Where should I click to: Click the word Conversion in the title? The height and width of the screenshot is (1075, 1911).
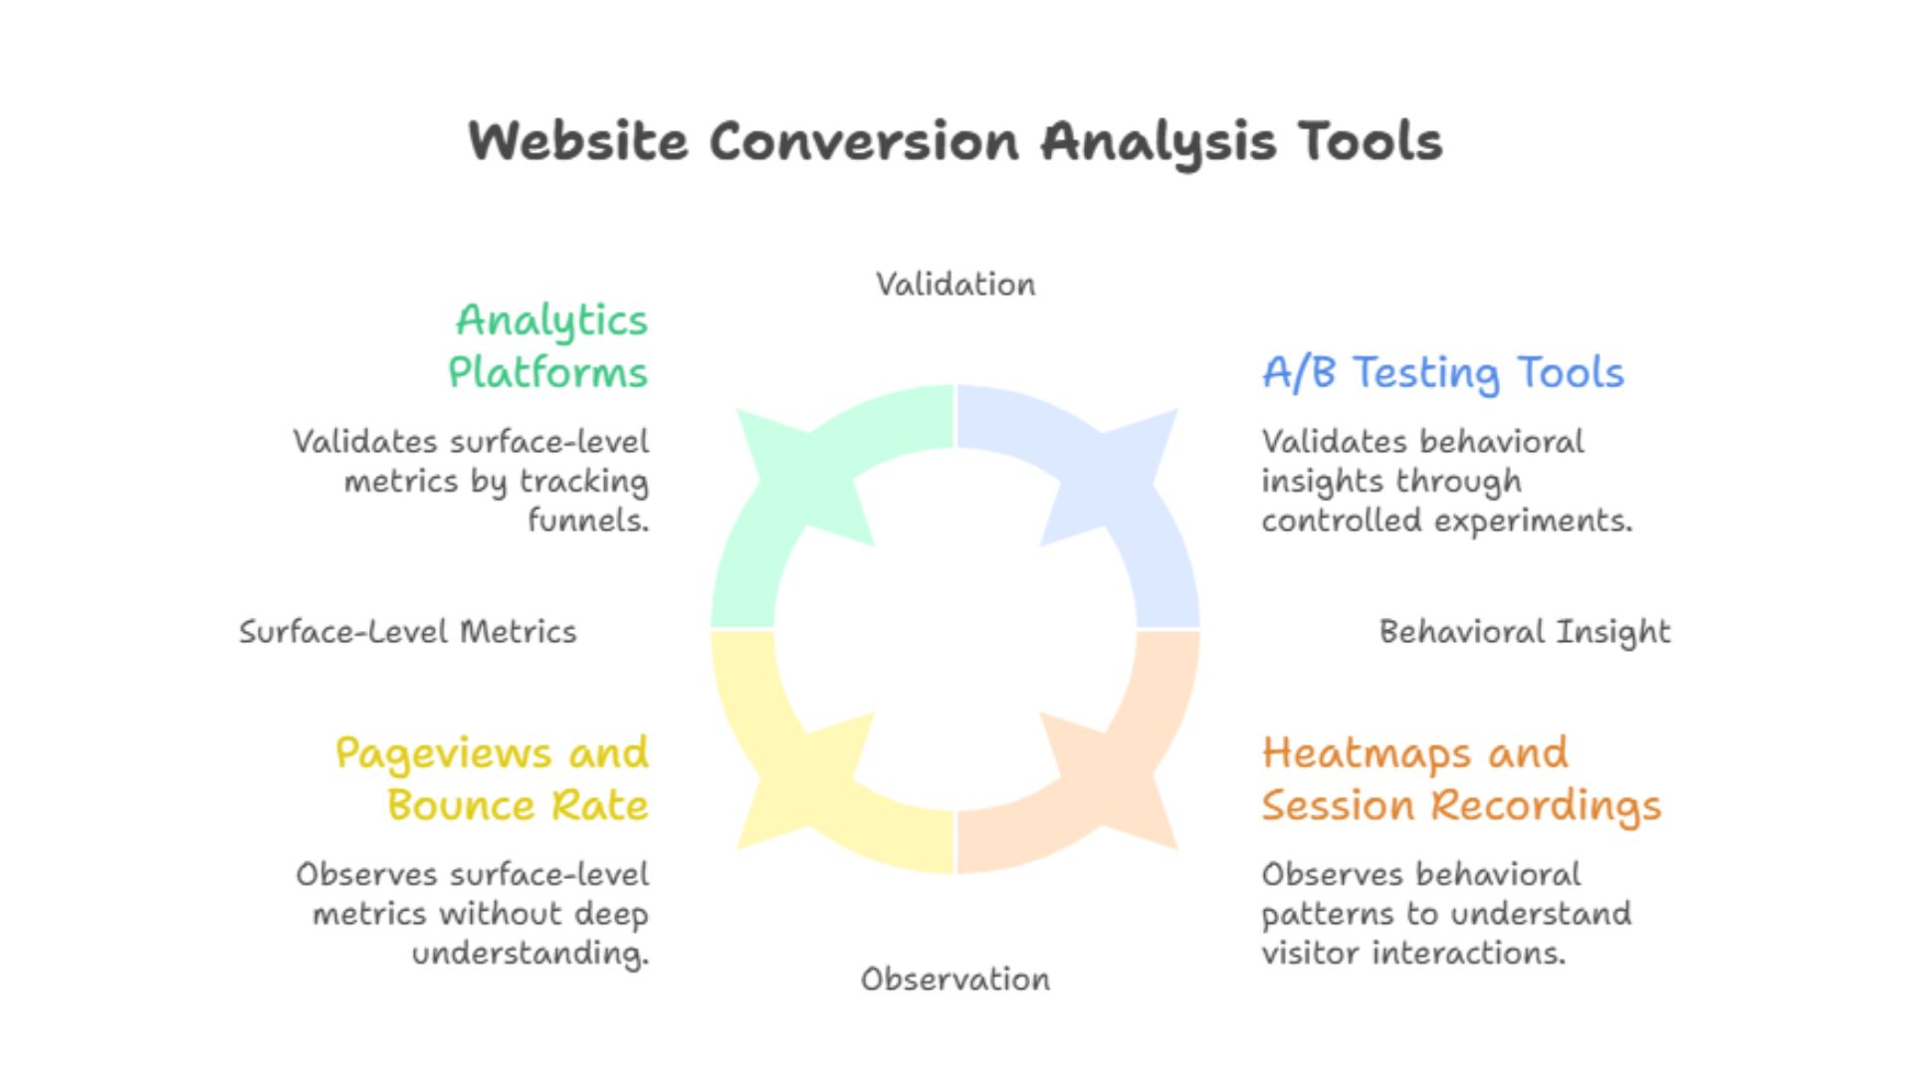(x=864, y=141)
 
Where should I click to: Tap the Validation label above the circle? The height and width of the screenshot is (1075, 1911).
(x=955, y=285)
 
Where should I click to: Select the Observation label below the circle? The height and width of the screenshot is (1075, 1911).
(x=955, y=979)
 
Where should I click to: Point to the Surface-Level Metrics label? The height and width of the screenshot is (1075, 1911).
(x=408, y=632)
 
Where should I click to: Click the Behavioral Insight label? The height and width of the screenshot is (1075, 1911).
(x=1525, y=632)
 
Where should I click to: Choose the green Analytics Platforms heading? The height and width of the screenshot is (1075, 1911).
(x=548, y=345)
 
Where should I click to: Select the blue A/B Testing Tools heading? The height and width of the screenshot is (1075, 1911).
(x=1442, y=372)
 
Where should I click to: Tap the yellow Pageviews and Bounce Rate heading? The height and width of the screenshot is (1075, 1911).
(x=493, y=778)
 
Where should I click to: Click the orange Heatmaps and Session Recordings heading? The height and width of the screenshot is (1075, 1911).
(x=1461, y=778)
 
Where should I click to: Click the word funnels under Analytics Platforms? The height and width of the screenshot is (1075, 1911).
(x=587, y=520)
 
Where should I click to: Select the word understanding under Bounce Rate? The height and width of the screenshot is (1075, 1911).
(x=530, y=954)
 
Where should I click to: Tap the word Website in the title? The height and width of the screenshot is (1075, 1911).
(x=578, y=141)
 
